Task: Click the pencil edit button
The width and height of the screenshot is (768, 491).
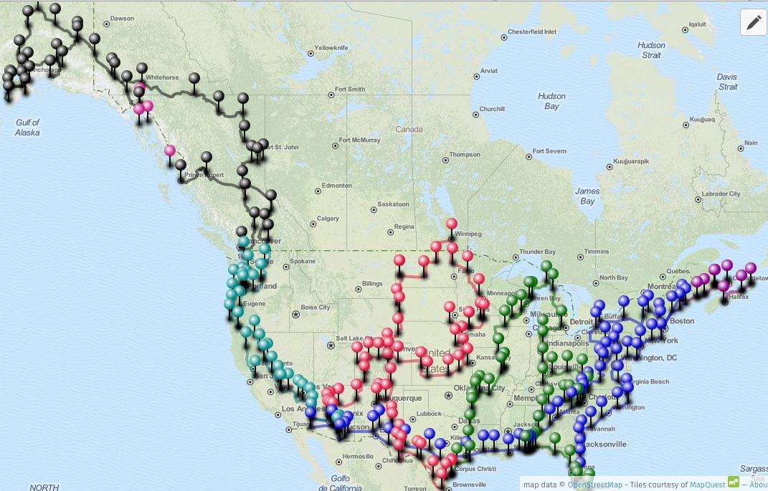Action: coord(754,23)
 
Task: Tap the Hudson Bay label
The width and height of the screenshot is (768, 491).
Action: coord(551,101)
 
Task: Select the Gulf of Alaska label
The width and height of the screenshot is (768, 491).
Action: coord(27,128)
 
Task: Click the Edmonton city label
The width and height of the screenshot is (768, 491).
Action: coord(337,186)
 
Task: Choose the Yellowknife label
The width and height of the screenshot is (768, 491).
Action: coord(331,47)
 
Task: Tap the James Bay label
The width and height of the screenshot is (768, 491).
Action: coord(587,196)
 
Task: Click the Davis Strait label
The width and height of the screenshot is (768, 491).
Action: coord(726,82)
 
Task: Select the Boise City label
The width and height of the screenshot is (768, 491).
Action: coord(316,308)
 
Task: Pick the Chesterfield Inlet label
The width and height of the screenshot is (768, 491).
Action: coord(532,32)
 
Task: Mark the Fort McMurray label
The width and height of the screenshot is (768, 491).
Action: coord(360,140)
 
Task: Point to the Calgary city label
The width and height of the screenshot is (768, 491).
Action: coord(328,219)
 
